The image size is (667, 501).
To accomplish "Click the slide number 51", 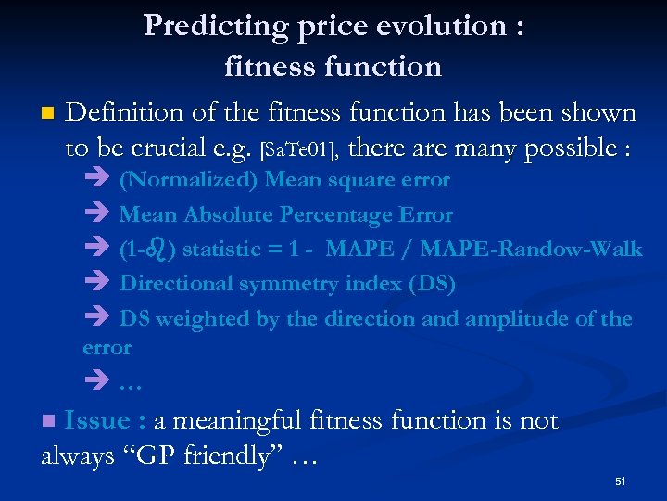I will pyautogui.click(x=621, y=482).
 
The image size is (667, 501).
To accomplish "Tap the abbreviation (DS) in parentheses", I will pyautogui.click(x=432, y=284).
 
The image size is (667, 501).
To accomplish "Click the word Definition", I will pyautogui.click(x=125, y=113).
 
